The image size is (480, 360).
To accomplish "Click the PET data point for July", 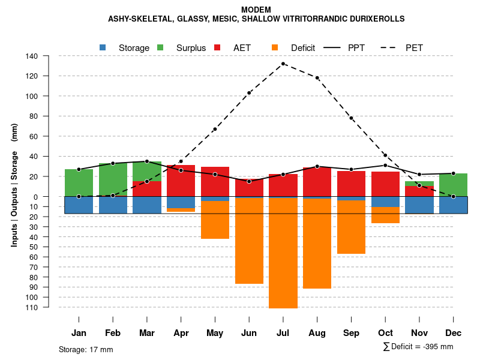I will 283,64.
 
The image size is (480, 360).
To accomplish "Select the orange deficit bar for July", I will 283,253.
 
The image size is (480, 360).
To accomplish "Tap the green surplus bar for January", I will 79,182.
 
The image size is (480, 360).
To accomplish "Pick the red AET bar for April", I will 181,181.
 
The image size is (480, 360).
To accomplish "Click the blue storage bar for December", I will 454,205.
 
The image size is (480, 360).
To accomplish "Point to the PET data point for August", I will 317,78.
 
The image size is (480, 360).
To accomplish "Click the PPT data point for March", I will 147,161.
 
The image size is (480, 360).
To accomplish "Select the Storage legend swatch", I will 103,47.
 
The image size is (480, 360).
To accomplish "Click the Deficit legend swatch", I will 275,47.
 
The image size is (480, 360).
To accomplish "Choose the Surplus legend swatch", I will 160,47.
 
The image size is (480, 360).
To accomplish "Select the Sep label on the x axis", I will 351,333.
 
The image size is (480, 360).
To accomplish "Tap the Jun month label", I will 249,333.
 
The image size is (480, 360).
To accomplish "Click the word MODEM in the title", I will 256,10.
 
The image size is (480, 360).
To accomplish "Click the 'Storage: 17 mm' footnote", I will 86,349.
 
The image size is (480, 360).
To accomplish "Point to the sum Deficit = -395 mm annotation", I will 418,347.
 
